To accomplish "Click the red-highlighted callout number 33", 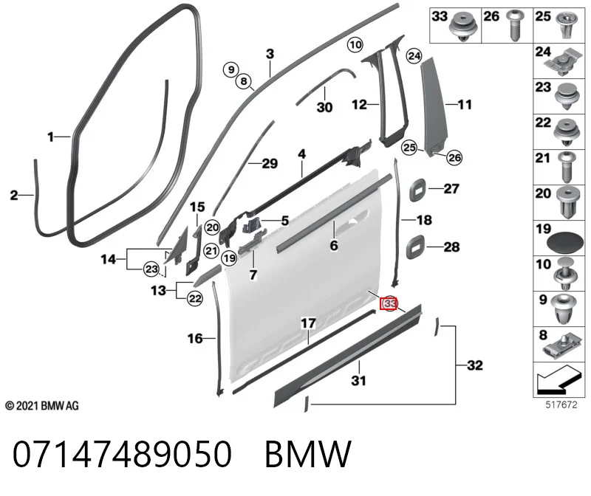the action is [x=389, y=303].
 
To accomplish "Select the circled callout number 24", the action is [x=414, y=56].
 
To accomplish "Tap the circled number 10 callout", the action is [x=355, y=45].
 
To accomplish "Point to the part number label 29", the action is [x=270, y=163].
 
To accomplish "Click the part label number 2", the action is [x=14, y=195].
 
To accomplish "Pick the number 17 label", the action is [x=308, y=323].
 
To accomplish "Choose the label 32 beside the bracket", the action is [x=475, y=365].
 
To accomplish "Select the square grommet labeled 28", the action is [x=415, y=248].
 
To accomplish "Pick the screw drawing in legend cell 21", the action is [x=566, y=168].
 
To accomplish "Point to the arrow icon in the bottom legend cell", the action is [x=557, y=380].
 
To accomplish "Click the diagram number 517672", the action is [x=561, y=405].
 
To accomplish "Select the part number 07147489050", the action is [x=122, y=453].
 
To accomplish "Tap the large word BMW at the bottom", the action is [x=308, y=454].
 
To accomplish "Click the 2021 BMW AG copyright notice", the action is [x=42, y=406].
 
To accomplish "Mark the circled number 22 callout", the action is [x=195, y=299].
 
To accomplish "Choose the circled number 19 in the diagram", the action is [x=229, y=258].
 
